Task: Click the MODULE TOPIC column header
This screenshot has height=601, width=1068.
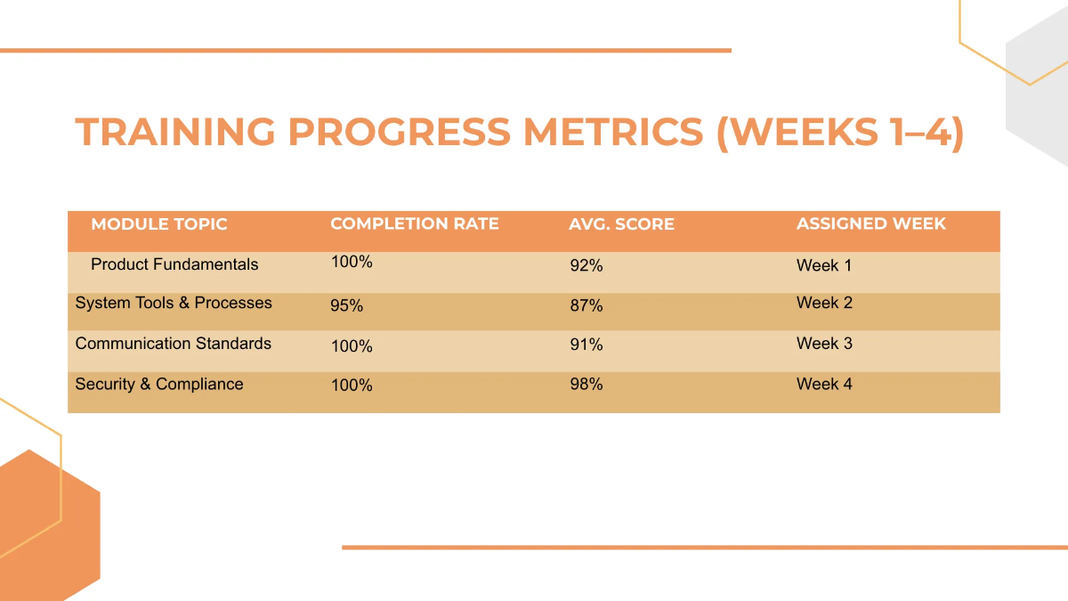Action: [159, 224]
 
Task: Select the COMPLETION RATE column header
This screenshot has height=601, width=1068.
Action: [415, 224]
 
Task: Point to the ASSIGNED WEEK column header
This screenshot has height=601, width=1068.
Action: [870, 224]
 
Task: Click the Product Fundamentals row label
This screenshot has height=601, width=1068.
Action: [174, 264]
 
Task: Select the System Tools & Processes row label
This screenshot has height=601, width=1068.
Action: [174, 303]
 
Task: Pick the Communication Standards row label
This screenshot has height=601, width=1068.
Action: [174, 344]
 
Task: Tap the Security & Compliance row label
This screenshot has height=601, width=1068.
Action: [159, 385]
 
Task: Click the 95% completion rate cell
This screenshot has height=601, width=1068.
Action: [347, 305]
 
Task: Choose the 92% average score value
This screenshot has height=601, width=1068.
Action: [587, 265]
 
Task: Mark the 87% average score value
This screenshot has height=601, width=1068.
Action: [587, 305]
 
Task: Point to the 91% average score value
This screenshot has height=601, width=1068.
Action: [587, 345]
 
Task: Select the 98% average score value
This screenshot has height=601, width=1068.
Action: [587, 385]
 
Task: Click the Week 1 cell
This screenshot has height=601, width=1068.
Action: [824, 265]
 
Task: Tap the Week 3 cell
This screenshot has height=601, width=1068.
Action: [824, 344]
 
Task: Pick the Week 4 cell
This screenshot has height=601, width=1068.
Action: [824, 385]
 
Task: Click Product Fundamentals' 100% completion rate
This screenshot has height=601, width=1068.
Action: [352, 262]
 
